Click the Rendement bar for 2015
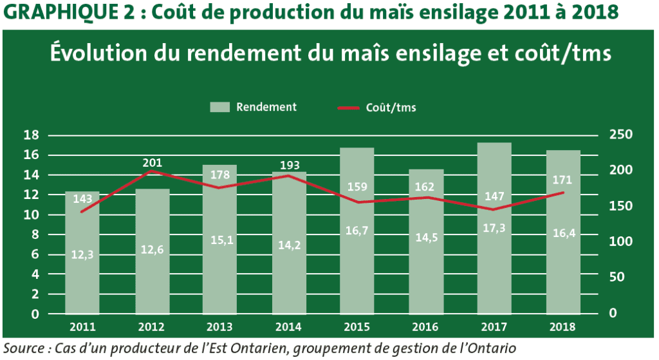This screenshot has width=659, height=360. click(x=357, y=258)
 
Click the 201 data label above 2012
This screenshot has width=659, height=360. click(x=153, y=162)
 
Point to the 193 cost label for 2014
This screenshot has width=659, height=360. click(x=290, y=166)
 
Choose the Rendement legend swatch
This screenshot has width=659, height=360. click(x=220, y=108)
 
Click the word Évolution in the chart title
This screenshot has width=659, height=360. click(x=99, y=54)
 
